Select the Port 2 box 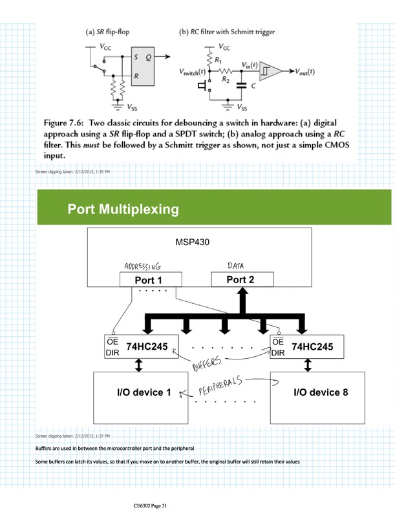pos(240,279)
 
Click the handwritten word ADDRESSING pos(141,266)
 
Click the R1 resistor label pos(218,59)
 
